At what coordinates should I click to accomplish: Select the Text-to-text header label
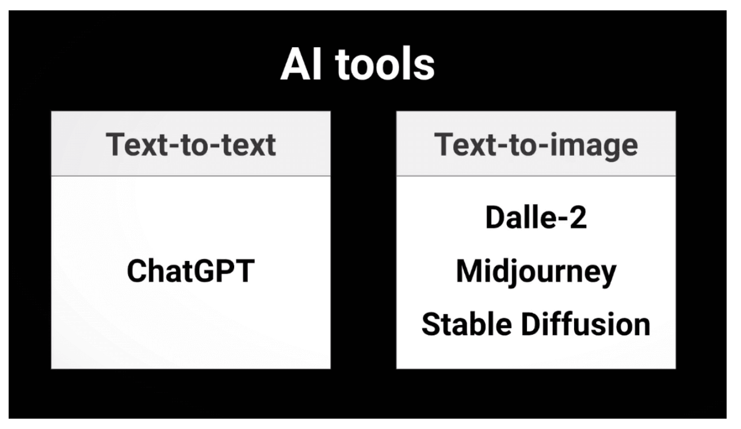tap(190, 144)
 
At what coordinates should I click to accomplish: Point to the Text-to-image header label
tap(536, 144)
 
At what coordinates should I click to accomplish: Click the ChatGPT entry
tap(190, 271)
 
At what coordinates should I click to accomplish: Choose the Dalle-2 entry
tap(536, 219)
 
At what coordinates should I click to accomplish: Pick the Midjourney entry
tap(536, 272)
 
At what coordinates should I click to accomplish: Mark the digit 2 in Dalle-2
tap(578, 219)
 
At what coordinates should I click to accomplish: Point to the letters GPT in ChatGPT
tap(227, 271)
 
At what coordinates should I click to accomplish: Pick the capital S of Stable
tap(430, 324)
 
